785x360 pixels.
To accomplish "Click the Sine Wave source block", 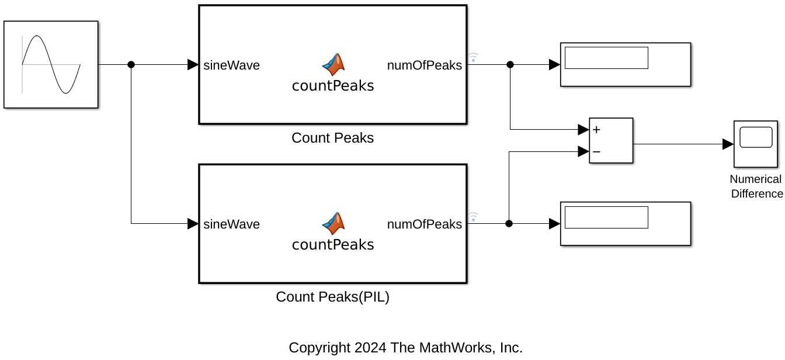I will click(x=51, y=64).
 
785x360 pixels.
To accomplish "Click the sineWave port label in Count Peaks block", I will click(x=232, y=65).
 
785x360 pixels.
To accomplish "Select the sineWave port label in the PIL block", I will click(x=232, y=224).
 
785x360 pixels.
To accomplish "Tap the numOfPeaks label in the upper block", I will click(x=425, y=65).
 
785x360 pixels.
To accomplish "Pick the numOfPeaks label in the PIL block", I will click(x=425, y=224).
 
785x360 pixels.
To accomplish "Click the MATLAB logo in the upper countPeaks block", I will click(x=334, y=64).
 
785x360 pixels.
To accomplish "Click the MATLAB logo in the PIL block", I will click(x=334, y=223).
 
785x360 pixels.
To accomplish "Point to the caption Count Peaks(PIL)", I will click(x=332, y=297).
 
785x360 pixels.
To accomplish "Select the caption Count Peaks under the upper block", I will click(x=332, y=138).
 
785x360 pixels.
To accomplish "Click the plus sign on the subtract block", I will click(x=596, y=130).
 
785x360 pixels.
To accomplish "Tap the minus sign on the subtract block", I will click(x=596, y=152).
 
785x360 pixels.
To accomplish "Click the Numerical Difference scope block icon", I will click(x=756, y=144).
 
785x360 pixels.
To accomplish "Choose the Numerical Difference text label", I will click(x=756, y=186).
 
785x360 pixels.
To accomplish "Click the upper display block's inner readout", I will click(x=606, y=58).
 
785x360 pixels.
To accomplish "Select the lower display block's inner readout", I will click(x=606, y=217).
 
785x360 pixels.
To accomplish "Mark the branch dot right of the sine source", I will click(x=131, y=65).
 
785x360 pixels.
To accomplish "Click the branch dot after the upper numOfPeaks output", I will click(x=510, y=65).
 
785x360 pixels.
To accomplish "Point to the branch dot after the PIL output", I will click(x=509, y=223).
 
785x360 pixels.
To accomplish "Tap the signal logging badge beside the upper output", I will click(x=474, y=57).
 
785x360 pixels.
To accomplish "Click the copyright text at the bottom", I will click(x=405, y=348).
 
